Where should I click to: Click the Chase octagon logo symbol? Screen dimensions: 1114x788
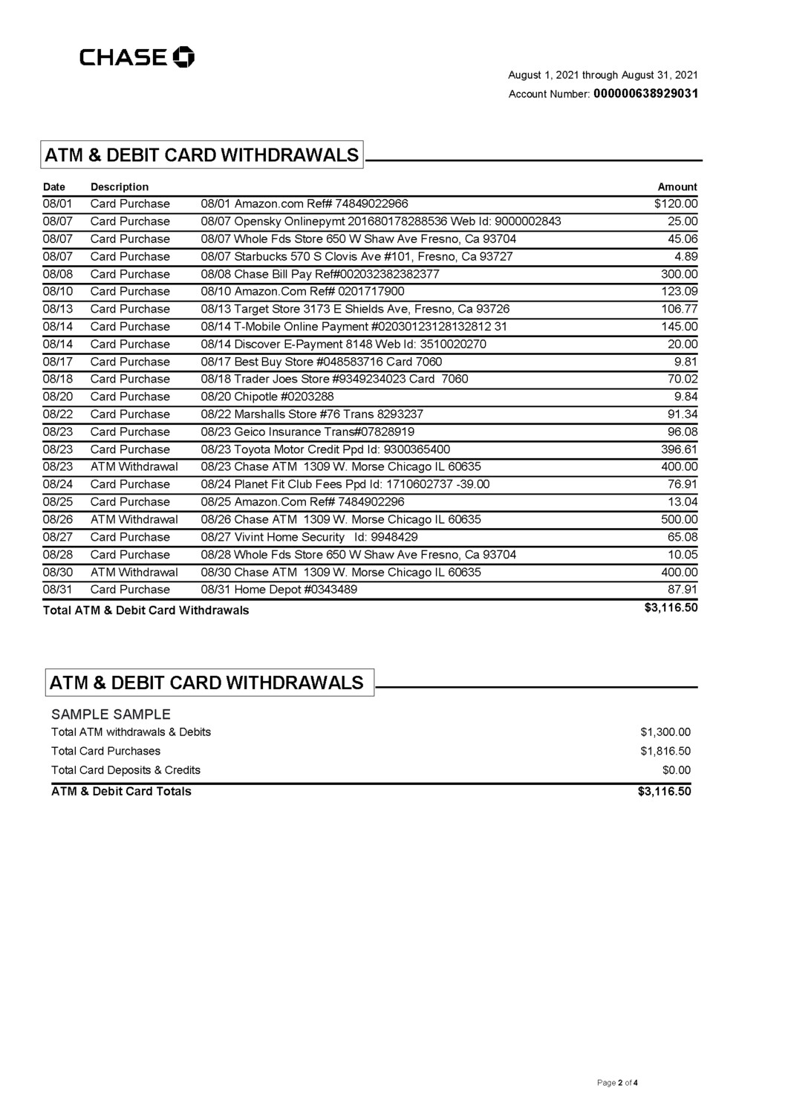coord(183,57)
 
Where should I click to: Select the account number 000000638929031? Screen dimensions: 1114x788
coord(645,94)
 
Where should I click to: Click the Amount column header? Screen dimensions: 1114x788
coord(677,187)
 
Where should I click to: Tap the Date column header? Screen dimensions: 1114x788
coord(54,187)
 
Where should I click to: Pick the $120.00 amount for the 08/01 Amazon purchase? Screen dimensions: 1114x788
coord(676,203)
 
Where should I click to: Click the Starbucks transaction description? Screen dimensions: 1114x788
coord(356,256)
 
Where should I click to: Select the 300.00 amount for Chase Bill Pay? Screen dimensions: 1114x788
coord(680,274)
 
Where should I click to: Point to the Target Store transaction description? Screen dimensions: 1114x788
coord(355,309)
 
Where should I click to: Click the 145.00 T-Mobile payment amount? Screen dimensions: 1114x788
coord(680,327)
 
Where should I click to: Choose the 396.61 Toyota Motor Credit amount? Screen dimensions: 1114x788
coord(680,449)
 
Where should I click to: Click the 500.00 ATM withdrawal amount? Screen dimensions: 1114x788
coord(680,520)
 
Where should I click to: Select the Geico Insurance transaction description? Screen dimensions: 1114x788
coord(307,431)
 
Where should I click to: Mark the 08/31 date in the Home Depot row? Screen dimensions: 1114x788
coord(58,590)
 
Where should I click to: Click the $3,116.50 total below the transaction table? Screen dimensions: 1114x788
coord(671,608)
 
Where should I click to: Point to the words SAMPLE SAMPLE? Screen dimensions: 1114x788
coord(111,714)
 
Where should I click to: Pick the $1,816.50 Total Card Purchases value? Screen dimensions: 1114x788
coord(665,751)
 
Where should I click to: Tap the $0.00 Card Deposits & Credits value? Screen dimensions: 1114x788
coord(677,770)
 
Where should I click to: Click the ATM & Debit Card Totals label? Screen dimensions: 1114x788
coord(121,791)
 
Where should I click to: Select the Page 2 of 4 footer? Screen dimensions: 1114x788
coord(618,1083)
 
